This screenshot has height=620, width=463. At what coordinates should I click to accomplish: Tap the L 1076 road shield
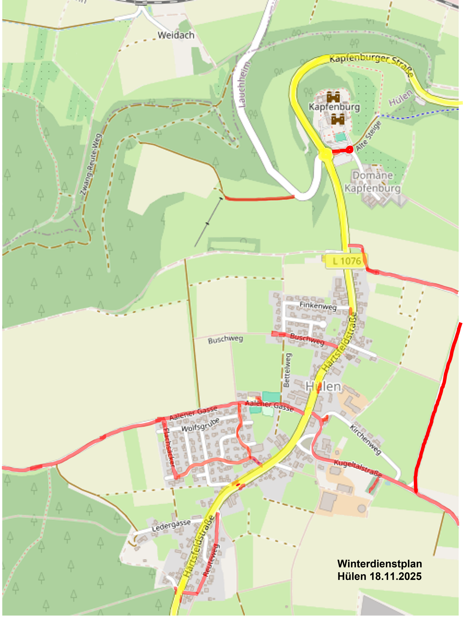click(x=346, y=261)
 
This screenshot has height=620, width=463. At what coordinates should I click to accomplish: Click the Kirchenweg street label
click(x=365, y=439)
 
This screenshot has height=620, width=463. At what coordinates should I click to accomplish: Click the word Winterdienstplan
click(x=379, y=564)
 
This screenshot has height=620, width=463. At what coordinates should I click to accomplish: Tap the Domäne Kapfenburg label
click(x=372, y=182)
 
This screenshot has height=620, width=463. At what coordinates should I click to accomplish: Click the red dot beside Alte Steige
click(x=349, y=150)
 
